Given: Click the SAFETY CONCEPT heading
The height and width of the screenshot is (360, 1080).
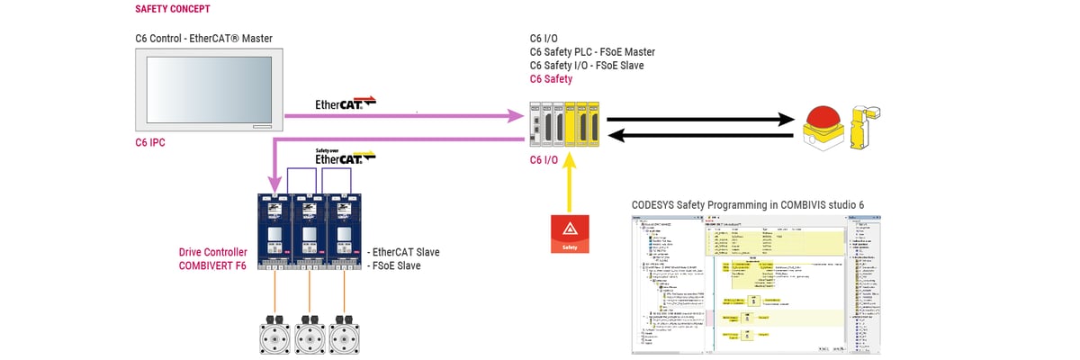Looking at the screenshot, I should pyautogui.click(x=173, y=9).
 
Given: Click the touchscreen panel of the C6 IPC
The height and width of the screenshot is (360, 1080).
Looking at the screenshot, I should pyautogui.click(x=208, y=91).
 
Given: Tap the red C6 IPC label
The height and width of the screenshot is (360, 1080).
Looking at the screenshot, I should pyautogui.click(x=149, y=142).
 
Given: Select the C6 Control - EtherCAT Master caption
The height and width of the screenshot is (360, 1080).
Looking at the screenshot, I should pyautogui.click(x=203, y=38).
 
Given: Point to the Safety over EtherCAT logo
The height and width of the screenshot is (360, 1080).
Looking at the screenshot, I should pyautogui.click(x=337, y=157).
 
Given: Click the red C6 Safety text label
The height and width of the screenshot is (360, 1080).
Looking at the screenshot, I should pyautogui.click(x=551, y=79).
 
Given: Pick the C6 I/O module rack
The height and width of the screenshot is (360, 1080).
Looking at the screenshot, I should pyautogui.click(x=563, y=124).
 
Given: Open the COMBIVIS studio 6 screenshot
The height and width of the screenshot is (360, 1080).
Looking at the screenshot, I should pyautogui.click(x=754, y=284).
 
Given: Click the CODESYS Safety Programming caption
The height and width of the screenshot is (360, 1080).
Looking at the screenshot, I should pyautogui.click(x=747, y=205).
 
